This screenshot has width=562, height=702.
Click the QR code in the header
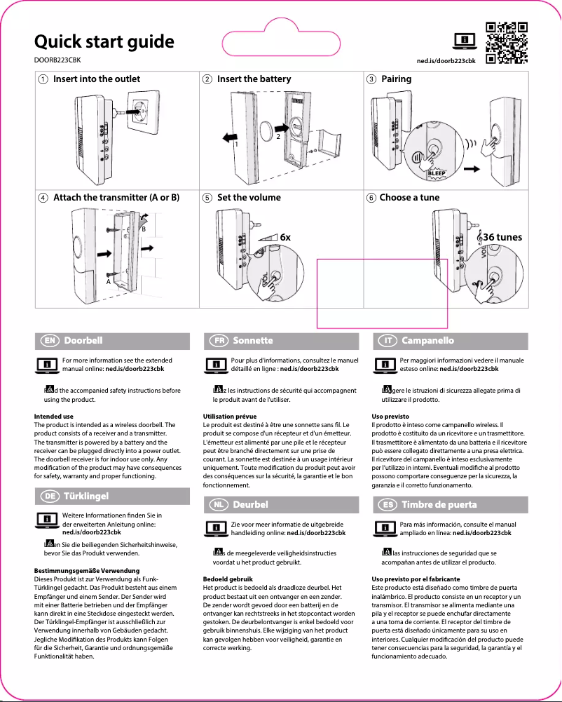(506, 43)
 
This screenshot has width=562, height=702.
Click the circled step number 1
(43, 79)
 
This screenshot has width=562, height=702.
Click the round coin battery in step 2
(269, 130)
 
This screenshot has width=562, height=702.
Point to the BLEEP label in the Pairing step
(437, 173)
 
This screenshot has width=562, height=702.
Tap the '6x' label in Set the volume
(285, 238)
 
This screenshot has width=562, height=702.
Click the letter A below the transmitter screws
(109, 281)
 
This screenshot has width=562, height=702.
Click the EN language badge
(50, 341)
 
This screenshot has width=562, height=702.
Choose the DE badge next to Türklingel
(50, 497)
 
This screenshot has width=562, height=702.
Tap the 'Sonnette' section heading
(253, 341)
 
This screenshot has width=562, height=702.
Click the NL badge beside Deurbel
(219, 504)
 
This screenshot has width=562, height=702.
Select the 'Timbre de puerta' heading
(439, 504)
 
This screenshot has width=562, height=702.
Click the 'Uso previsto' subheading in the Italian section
(390, 417)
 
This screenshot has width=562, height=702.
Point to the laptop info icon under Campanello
(384, 365)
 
